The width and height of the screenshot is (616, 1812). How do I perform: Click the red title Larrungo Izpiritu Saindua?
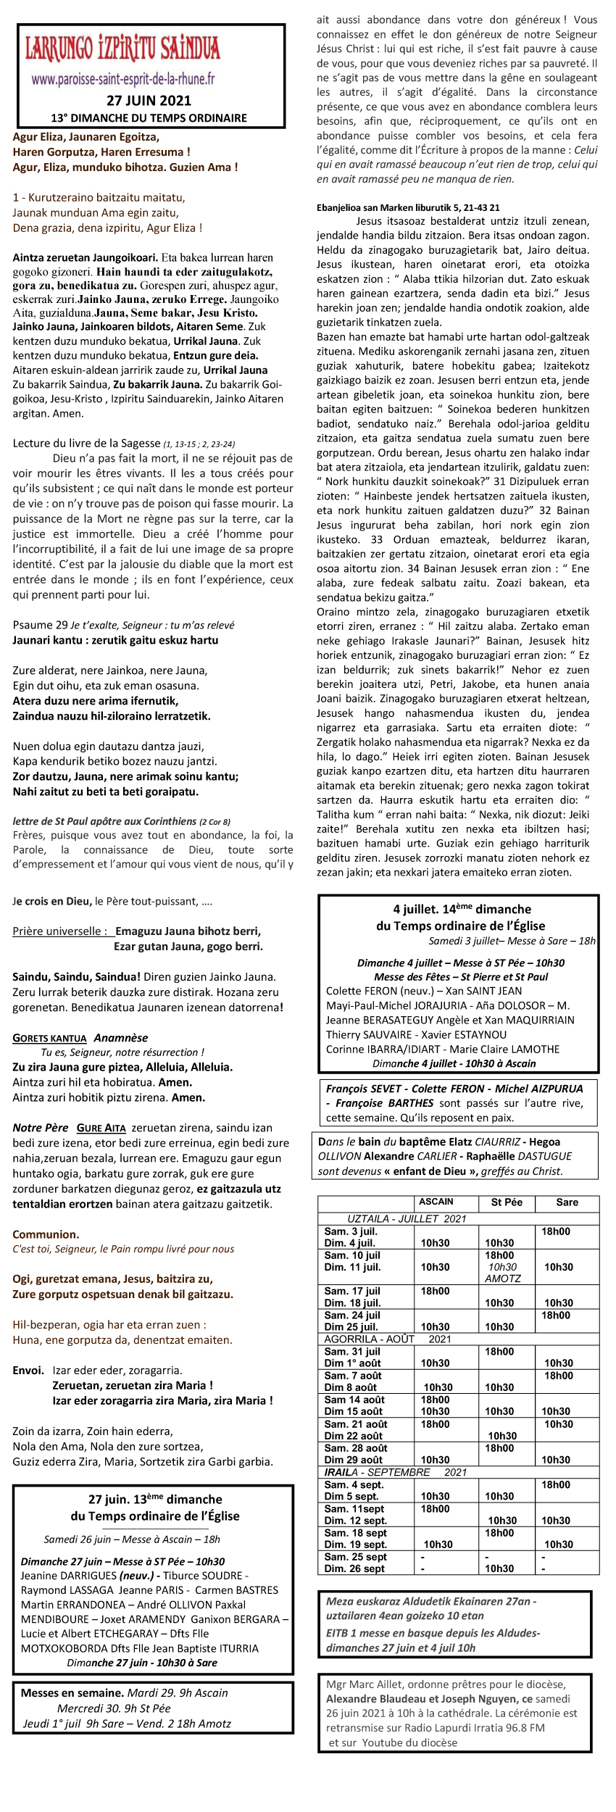(122, 49)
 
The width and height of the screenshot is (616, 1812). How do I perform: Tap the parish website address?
(123, 80)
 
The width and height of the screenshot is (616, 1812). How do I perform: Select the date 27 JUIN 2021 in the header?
(149, 101)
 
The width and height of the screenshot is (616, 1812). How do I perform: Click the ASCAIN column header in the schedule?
(436, 1202)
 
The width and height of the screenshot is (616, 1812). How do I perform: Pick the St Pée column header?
(507, 1202)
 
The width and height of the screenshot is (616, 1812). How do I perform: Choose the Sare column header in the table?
(567, 1202)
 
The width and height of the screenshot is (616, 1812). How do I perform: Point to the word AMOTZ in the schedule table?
(503, 1279)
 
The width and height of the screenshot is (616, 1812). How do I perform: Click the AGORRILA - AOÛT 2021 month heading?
(387, 1339)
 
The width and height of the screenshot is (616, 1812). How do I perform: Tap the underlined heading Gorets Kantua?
(49, 1038)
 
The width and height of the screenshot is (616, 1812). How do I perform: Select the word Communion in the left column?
(46, 1234)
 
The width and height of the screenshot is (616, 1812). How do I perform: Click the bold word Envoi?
(28, 1371)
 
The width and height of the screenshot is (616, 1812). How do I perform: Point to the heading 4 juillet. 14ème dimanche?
(462, 909)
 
